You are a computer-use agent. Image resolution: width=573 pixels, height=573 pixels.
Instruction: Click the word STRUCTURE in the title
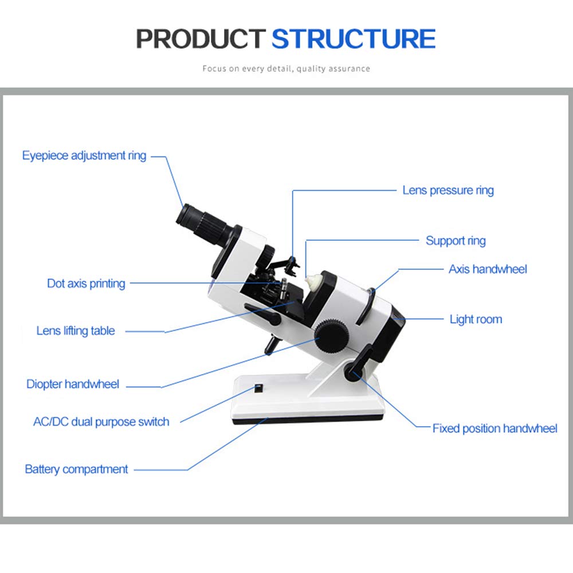(x=353, y=38)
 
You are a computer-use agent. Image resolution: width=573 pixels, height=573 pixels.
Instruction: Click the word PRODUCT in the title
(x=201, y=38)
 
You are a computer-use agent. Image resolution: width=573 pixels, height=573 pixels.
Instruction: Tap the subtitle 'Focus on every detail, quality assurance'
(x=286, y=69)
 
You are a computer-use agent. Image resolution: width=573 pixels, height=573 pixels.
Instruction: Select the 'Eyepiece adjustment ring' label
(x=84, y=155)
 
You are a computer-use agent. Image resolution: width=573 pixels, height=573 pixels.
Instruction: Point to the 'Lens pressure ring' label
(x=448, y=190)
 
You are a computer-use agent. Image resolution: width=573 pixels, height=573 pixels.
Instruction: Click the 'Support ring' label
(x=456, y=241)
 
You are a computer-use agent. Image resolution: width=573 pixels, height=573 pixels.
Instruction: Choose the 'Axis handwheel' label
(x=488, y=269)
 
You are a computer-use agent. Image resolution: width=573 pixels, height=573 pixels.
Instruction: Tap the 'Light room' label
(x=476, y=319)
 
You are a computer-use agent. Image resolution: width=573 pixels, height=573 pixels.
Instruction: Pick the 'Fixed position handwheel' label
(x=494, y=428)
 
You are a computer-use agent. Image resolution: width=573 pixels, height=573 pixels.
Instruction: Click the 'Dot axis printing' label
(x=86, y=283)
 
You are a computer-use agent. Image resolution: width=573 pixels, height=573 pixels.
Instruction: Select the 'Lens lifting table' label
(x=76, y=331)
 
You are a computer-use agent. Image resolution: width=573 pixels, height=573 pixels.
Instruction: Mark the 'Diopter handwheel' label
(x=73, y=384)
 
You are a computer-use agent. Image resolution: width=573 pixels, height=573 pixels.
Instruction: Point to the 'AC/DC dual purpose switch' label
(x=101, y=422)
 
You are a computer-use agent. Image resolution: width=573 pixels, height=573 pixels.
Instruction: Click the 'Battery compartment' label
(x=76, y=469)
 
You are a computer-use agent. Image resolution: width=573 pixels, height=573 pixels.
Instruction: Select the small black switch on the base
(x=258, y=389)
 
